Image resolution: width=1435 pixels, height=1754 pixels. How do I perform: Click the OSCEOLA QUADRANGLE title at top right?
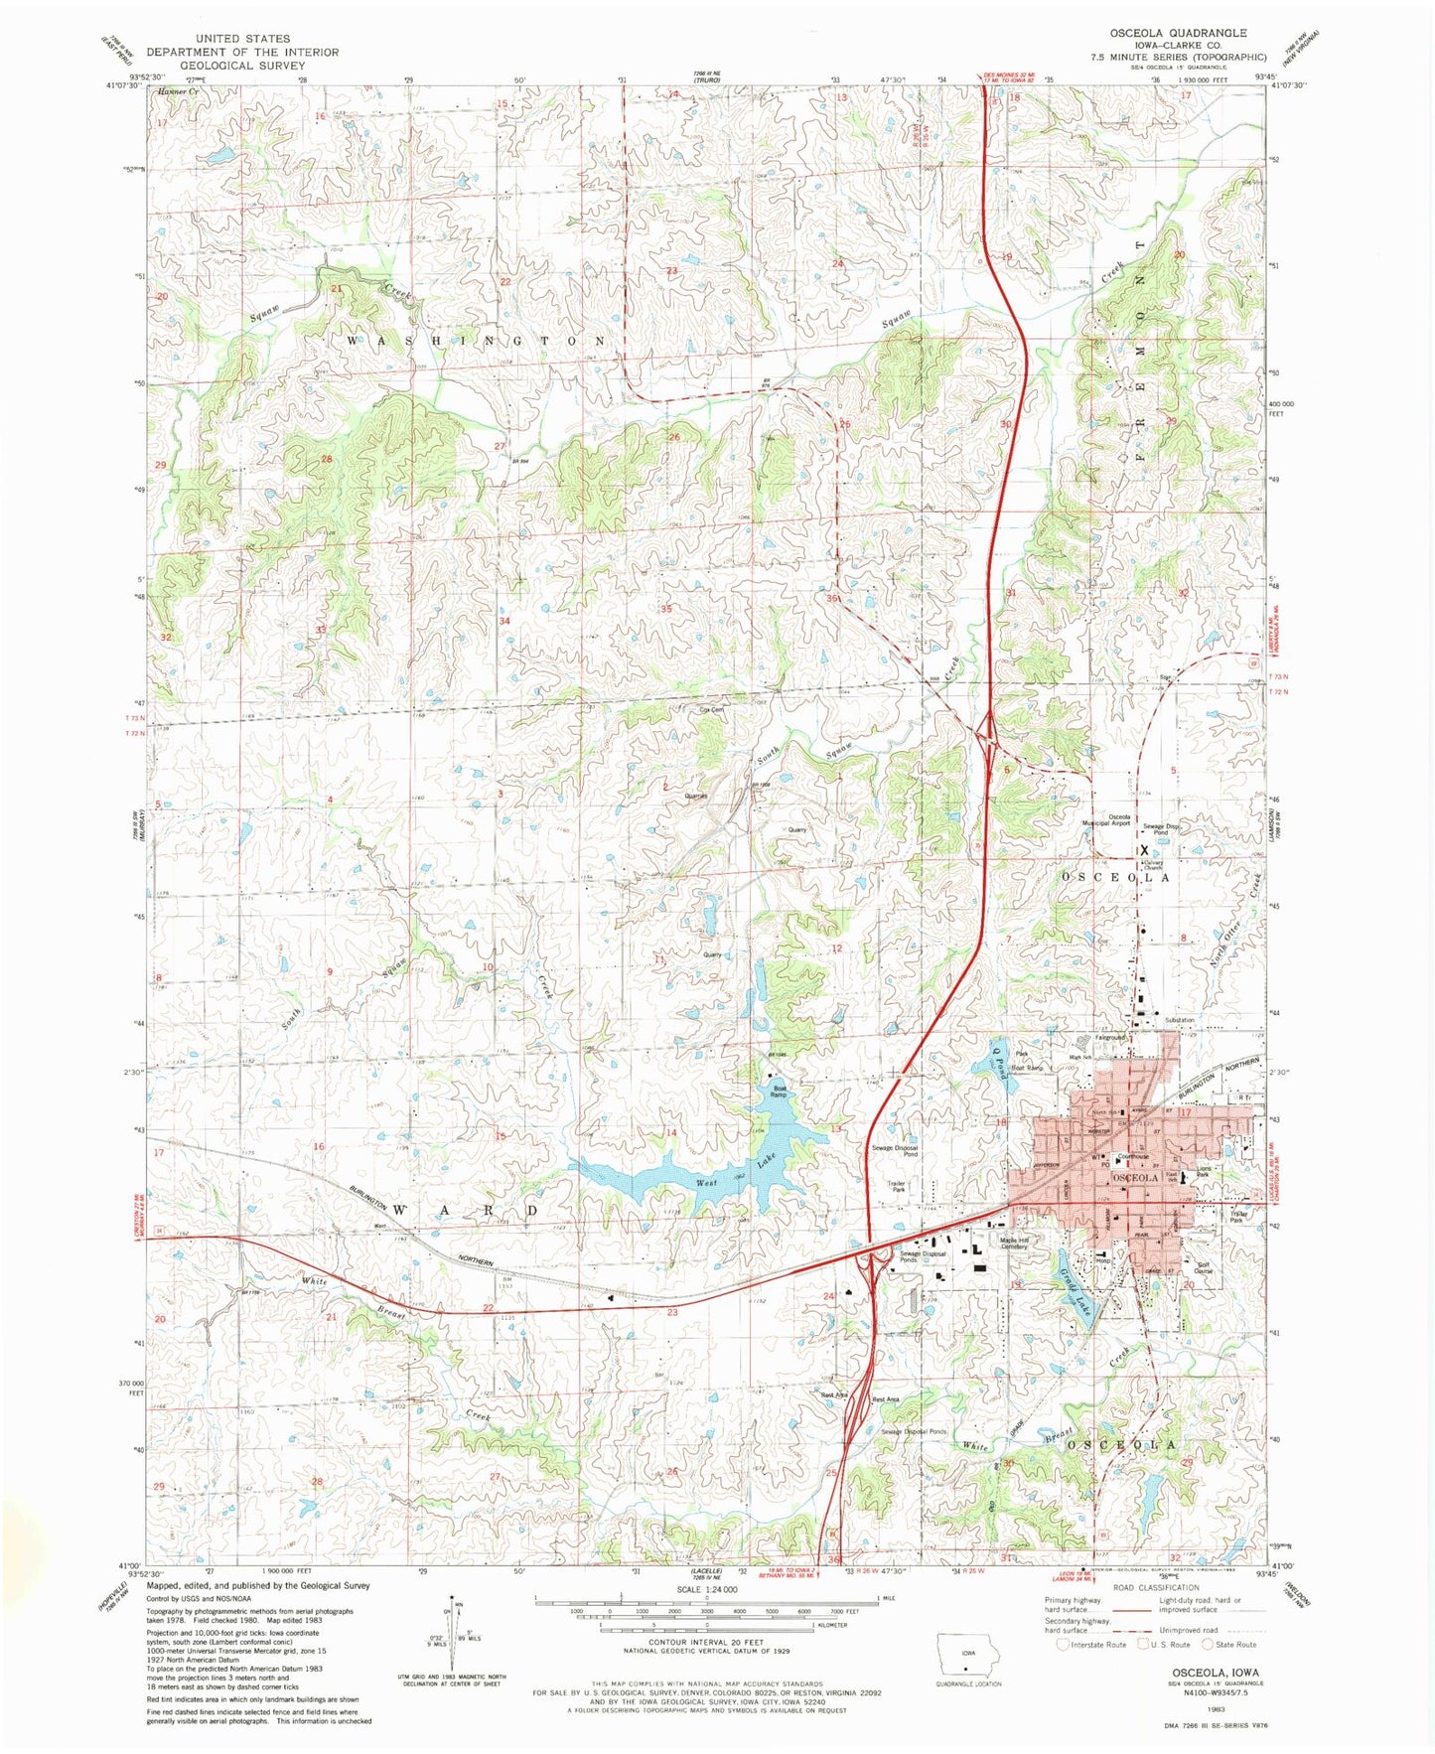1178,33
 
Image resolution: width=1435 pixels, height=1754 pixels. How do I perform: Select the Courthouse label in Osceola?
1133,1156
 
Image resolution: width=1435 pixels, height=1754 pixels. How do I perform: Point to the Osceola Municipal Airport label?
1105,820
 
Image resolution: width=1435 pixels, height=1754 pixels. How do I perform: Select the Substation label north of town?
1180,1020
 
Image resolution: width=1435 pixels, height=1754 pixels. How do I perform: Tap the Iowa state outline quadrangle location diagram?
963,1657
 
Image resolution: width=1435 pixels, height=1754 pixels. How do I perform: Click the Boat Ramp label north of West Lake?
781,1091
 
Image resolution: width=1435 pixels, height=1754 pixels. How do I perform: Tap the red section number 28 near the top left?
326,459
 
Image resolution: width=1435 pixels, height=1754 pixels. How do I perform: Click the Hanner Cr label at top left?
179,90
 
